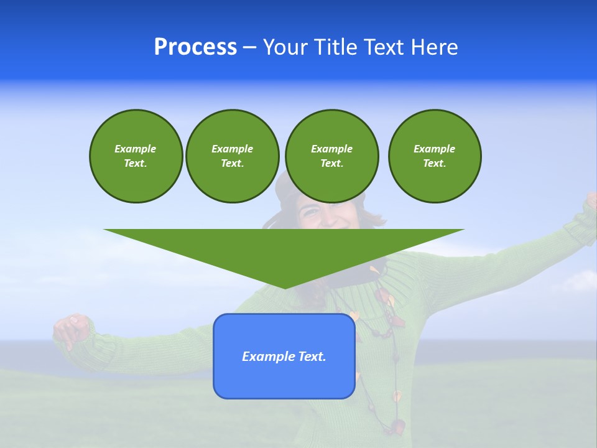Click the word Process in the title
pos(195,47)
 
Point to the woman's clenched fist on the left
pos(72,329)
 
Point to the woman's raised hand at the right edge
pos(591,200)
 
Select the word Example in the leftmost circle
pos(136,149)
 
